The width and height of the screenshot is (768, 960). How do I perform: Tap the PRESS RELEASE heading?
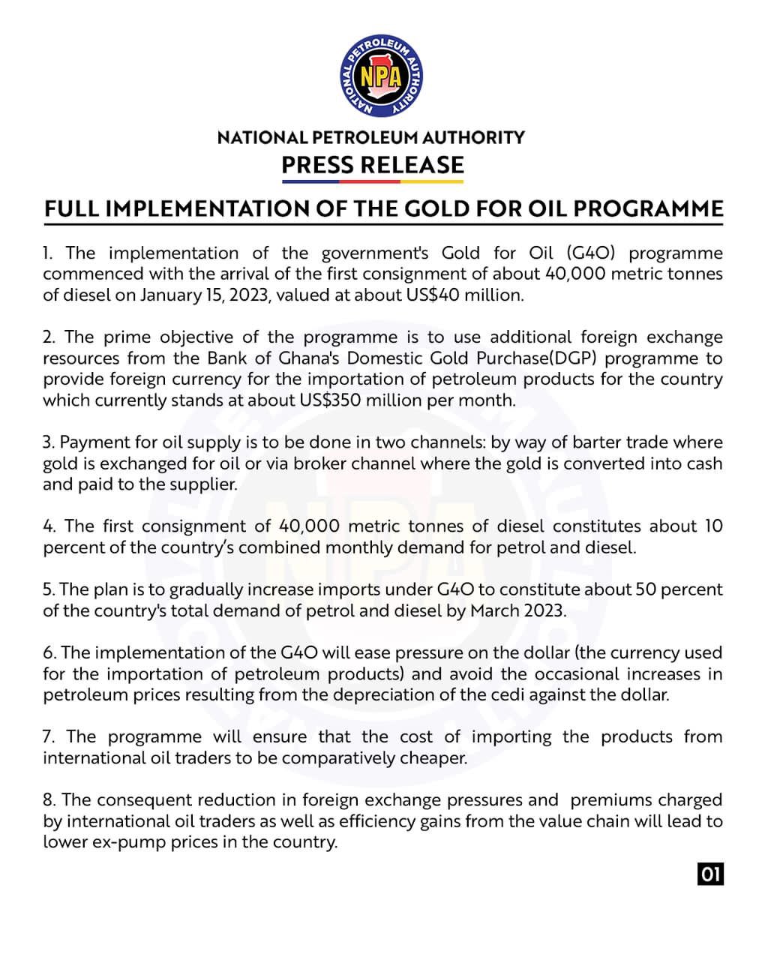pyautogui.click(x=373, y=164)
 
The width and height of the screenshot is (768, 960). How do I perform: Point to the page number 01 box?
pyautogui.click(x=710, y=874)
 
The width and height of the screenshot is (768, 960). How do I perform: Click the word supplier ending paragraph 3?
pyautogui.click(x=205, y=484)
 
